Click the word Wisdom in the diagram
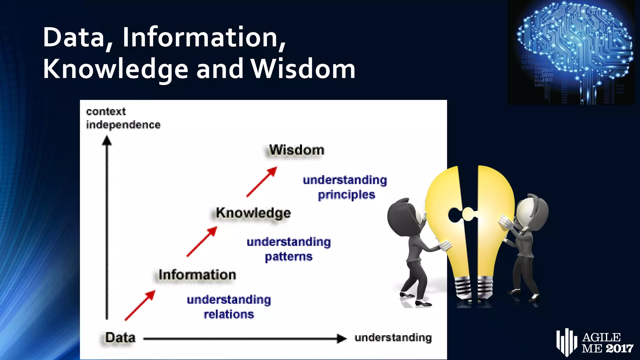point(297,150)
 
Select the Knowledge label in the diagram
point(253,213)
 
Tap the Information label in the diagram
point(197,275)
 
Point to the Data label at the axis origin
point(120,338)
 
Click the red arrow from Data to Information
point(140,305)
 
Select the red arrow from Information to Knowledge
point(202,242)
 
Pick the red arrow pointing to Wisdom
point(262,182)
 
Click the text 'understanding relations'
point(229,307)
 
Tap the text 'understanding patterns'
point(288,249)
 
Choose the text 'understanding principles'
point(345,187)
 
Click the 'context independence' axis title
point(123,118)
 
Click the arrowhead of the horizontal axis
point(342,338)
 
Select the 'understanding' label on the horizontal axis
point(393,338)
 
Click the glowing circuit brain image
point(572,52)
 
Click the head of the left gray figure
point(403,216)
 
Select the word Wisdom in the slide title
point(303,69)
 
